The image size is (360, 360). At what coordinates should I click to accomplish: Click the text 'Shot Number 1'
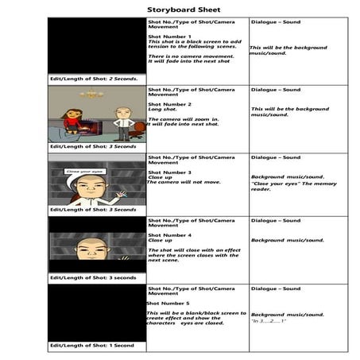(169, 37)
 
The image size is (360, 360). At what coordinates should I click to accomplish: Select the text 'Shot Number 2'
(169, 103)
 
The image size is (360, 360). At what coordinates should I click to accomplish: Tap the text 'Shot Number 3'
(169, 172)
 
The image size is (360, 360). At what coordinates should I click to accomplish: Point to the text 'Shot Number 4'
(169, 235)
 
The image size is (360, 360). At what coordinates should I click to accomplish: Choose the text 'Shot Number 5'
(168, 303)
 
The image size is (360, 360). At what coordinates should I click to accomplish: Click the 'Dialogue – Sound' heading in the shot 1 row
(275, 22)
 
